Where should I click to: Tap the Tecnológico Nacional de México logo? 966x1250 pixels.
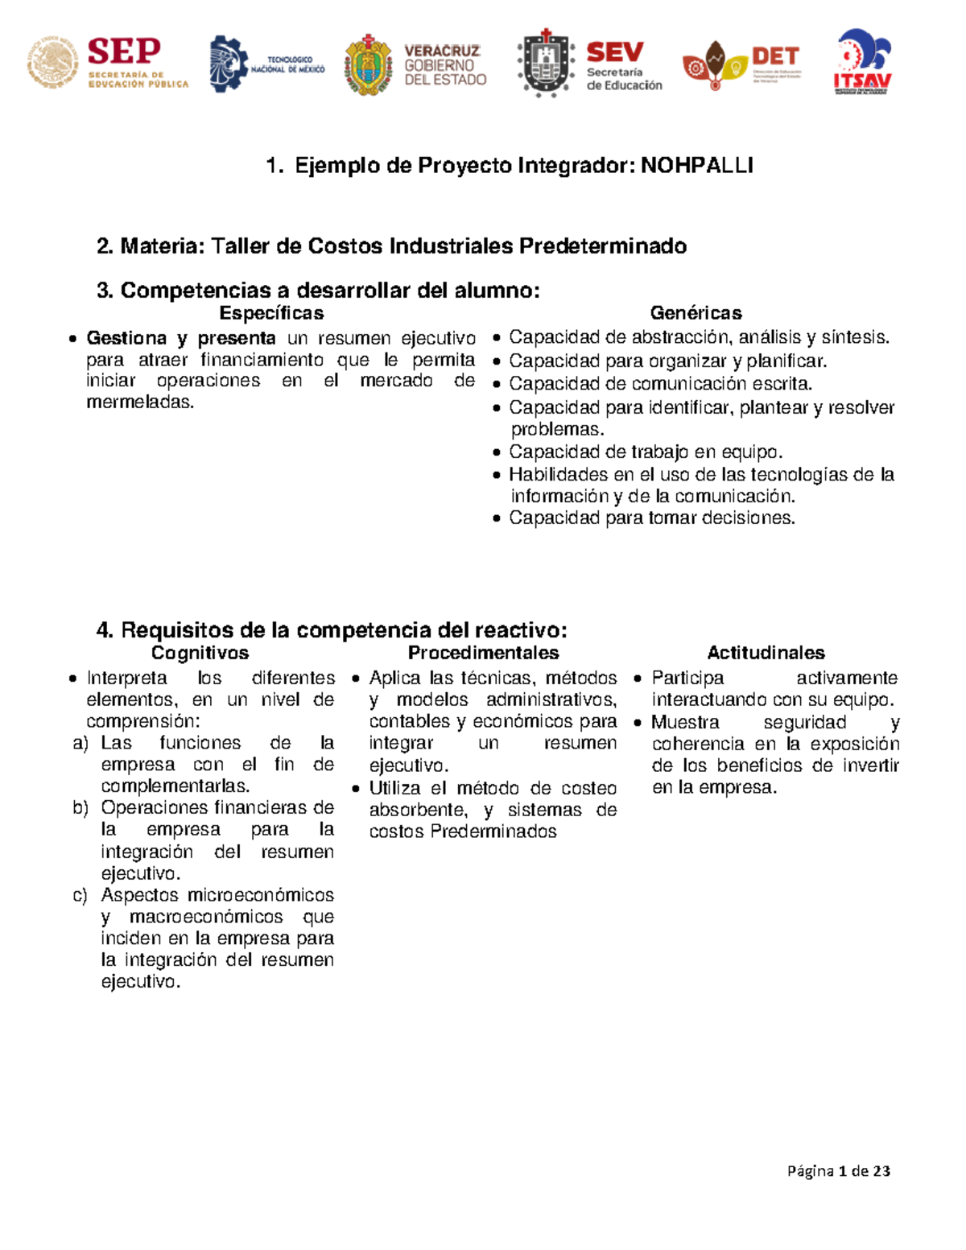point(266,64)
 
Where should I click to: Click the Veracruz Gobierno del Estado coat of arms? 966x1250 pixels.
point(368,64)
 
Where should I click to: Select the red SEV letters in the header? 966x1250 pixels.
point(615,52)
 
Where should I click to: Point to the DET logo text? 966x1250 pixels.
point(774,56)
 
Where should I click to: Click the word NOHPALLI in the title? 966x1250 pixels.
point(696,166)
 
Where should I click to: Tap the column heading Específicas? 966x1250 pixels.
point(271,313)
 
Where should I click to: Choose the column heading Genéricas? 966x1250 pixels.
point(696,313)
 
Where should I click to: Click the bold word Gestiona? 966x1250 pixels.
point(126,338)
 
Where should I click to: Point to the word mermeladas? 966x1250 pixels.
point(140,402)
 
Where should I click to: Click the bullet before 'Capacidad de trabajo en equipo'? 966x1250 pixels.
point(497,453)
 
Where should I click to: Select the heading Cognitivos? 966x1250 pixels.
point(200,653)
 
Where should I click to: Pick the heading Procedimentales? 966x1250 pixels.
point(483,653)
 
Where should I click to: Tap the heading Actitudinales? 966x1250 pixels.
point(766,653)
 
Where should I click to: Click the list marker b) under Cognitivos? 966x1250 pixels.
point(80,808)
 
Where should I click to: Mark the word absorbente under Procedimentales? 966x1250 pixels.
point(418,810)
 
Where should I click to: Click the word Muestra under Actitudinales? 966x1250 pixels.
point(685,722)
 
